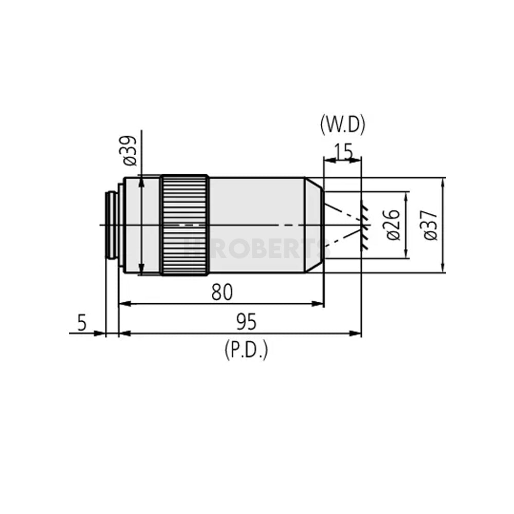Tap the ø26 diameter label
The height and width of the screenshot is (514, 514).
(x=393, y=225)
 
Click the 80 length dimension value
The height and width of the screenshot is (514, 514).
(x=222, y=292)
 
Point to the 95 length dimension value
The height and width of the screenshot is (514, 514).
(x=246, y=322)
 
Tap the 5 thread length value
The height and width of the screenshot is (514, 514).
(x=82, y=322)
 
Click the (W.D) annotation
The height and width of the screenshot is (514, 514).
(x=342, y=125)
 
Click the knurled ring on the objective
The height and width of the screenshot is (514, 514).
(x=185, y=225)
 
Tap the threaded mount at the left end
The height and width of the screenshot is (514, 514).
(x=111, y=225)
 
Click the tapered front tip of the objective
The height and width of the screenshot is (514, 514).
(x=314, y=225)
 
